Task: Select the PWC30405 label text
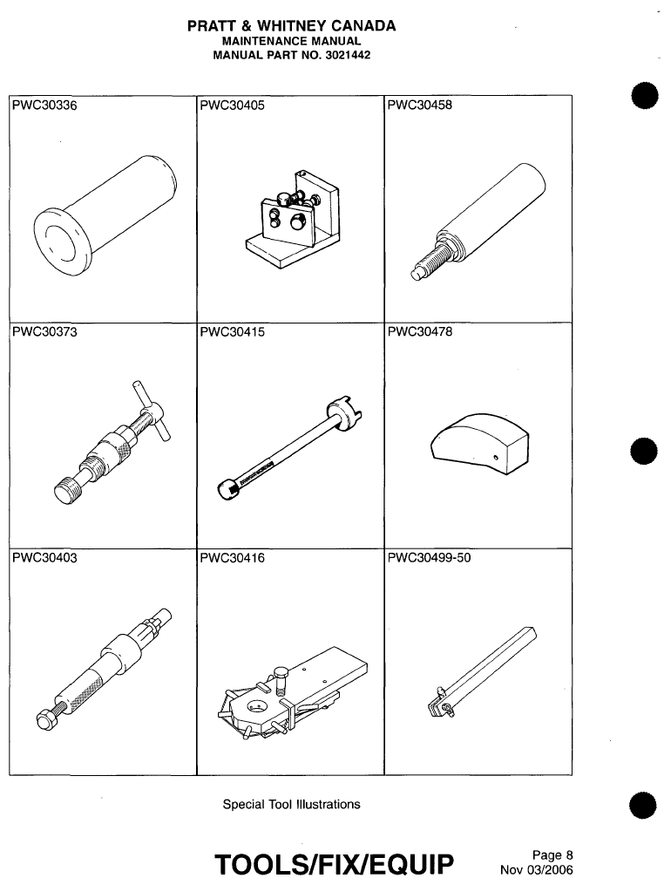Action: coord(231,107)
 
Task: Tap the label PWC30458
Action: coord(419,107)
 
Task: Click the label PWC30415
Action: coord(231,331)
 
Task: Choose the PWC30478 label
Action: coord(419,331)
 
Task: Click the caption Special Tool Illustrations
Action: coord(291,804)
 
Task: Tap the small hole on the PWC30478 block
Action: coord(495,457)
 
